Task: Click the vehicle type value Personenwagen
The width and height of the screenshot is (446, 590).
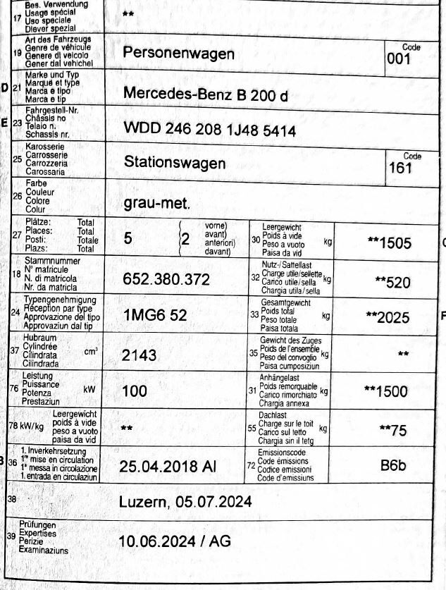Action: (178, 54)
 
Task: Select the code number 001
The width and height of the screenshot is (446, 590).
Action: (398, 60)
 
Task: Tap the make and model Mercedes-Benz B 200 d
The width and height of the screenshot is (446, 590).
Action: (205, 94)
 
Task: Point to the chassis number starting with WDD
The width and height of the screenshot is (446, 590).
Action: (209, 131)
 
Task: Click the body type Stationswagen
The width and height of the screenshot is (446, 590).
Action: (175, 163)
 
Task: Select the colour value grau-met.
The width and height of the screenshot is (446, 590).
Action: (156, 205)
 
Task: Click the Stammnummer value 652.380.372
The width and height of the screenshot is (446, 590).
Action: (166, 280)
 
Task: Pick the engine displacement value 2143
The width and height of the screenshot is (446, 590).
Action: (140, 355)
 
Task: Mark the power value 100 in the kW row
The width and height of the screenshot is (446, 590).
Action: (135, 393)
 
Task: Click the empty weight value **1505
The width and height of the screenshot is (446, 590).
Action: (388, 243)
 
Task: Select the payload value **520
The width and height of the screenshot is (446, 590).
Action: (392, 283)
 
